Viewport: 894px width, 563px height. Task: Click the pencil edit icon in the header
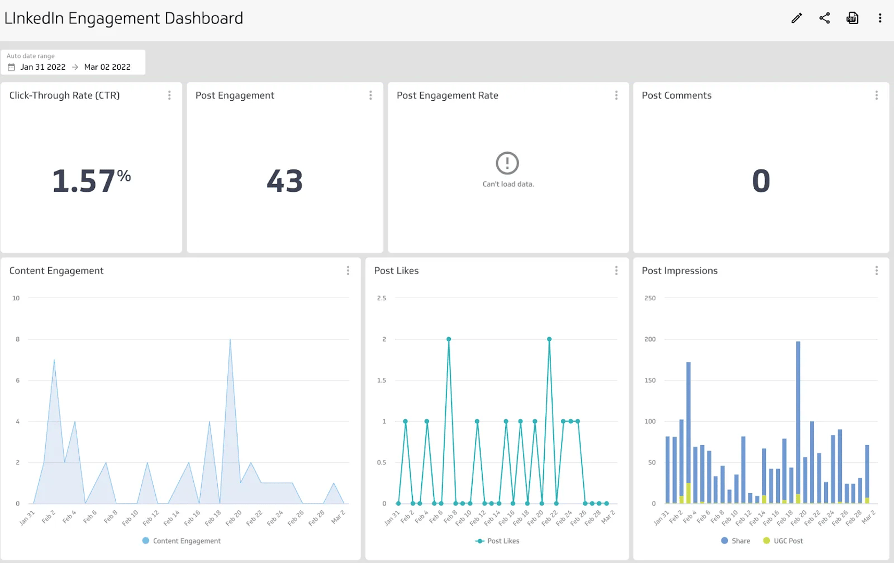[x=797, y=18]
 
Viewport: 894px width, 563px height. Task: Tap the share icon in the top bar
[x=824, y=18]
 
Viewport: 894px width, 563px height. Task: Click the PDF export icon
[x=852, y=18]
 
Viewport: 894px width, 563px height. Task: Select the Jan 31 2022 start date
[x=43, y=67]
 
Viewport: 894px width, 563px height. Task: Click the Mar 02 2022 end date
[x=107, y=67]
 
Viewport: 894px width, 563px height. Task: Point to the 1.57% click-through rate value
[x=91, y=181]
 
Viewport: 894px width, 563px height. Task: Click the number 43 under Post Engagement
[x=285, y=181]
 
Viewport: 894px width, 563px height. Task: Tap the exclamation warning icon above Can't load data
[x=507, y=163]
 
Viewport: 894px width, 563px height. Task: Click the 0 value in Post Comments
[x=761, y=181]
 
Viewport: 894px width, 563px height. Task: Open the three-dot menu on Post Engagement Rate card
[x=616, y=95]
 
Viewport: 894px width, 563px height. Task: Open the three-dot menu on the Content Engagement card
[x=348, y=271]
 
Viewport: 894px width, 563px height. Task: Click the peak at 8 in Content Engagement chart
[x=230, y=340]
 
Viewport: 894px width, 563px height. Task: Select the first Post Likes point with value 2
[x=449, y=339]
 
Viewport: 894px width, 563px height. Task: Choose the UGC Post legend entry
[x=783, y=541]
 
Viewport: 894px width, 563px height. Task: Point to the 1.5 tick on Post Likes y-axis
[x=382, y=381]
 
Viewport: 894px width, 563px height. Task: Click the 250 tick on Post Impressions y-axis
[x=650, y=298]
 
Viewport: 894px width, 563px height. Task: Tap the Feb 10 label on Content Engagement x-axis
[x=130, y=517]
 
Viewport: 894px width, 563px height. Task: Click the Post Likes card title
[x=396, y=271]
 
